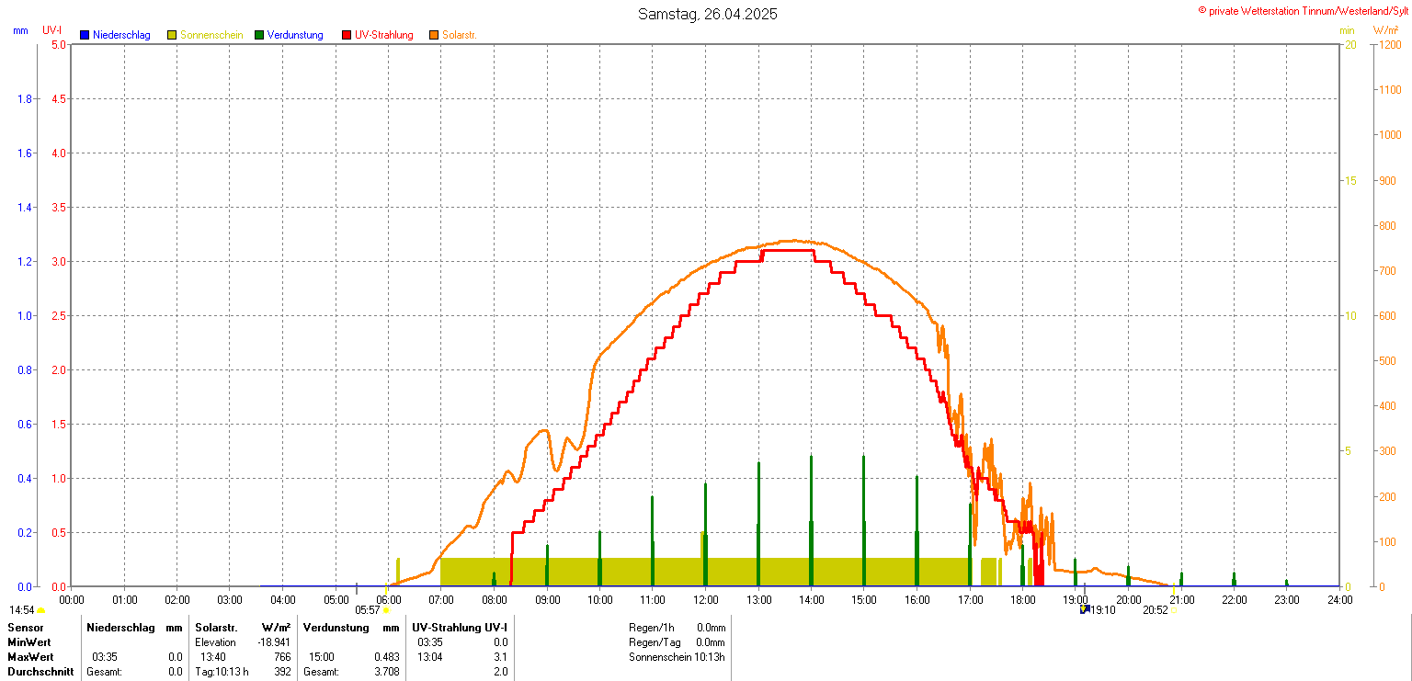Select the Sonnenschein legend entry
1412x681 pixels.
click(211, 35)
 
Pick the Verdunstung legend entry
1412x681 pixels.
click(295, 35)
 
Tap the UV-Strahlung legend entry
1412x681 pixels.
click(383, 35)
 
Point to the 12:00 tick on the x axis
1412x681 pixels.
click(705, 600)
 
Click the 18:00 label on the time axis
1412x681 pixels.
click(1022, 600)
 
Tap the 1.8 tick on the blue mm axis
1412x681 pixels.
click(25, 98)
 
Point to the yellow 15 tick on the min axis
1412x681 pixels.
click(1350, 180)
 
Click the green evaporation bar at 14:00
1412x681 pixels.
click(811, 519)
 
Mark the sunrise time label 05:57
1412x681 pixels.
click(368, 609)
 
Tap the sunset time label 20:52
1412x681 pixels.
click(1156, 609)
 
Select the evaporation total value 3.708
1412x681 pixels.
click(386, 672)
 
